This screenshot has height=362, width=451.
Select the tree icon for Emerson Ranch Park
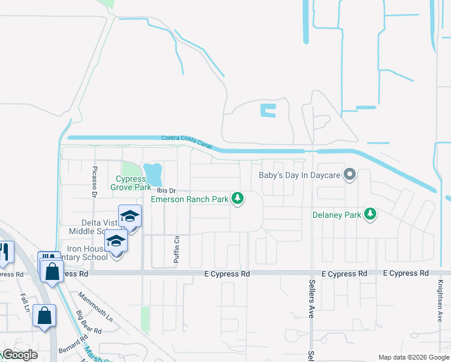(238, 198)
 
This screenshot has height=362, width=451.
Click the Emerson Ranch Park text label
(190, 199)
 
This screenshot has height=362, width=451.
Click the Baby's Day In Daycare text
(299, 176)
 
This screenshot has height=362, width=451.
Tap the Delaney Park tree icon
(371, 214)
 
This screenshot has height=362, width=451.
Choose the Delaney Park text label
(336, 215)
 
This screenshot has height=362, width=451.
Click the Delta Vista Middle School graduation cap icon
(130, 217)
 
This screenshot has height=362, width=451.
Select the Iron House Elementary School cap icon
(116, 242)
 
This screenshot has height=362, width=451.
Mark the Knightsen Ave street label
(440, 301)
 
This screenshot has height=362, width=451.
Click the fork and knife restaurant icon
(5, 252)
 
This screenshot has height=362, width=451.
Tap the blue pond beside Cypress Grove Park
(153, 174)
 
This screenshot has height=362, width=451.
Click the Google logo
(19, 355)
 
